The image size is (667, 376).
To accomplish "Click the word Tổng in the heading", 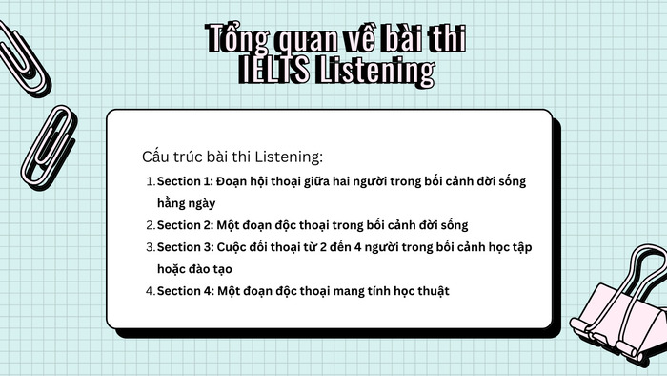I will click(x=234, y=40).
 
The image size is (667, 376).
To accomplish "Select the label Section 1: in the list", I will click(x=185, y=181).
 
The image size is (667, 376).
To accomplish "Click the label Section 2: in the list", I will click(x=185, y=225).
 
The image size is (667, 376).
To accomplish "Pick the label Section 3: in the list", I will click(x=185, y=247).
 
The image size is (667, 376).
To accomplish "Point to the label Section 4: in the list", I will click(x=185, y=291).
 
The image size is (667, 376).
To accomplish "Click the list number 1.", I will click(x=149, y=181).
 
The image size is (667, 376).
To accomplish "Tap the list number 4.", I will click(x=150, y=291).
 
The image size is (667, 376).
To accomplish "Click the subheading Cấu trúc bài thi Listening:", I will click(x=232, y=156).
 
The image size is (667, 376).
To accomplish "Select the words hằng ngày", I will click(x=187, y=203).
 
